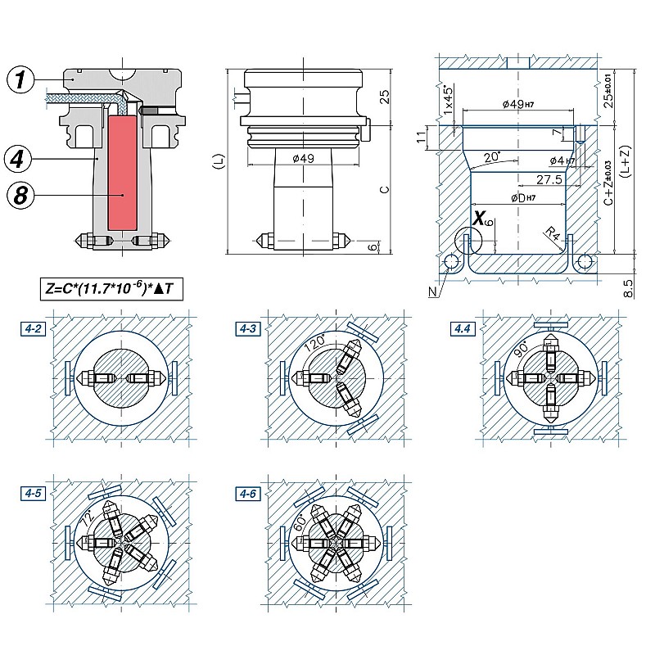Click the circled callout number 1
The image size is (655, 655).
21,79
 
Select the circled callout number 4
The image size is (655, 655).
21,156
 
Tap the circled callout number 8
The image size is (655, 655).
21,195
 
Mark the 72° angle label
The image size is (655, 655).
86,519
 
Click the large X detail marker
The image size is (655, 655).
479,218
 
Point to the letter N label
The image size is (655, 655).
432,290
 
